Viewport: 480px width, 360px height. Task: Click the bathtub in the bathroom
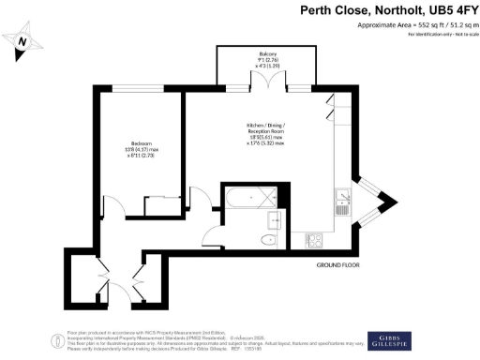(x=245, y=198)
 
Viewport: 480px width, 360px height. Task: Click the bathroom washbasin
(x=275, y=220)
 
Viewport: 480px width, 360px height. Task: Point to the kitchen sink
(x=343, y=199)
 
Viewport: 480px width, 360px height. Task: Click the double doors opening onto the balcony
(x=269, y=83)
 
